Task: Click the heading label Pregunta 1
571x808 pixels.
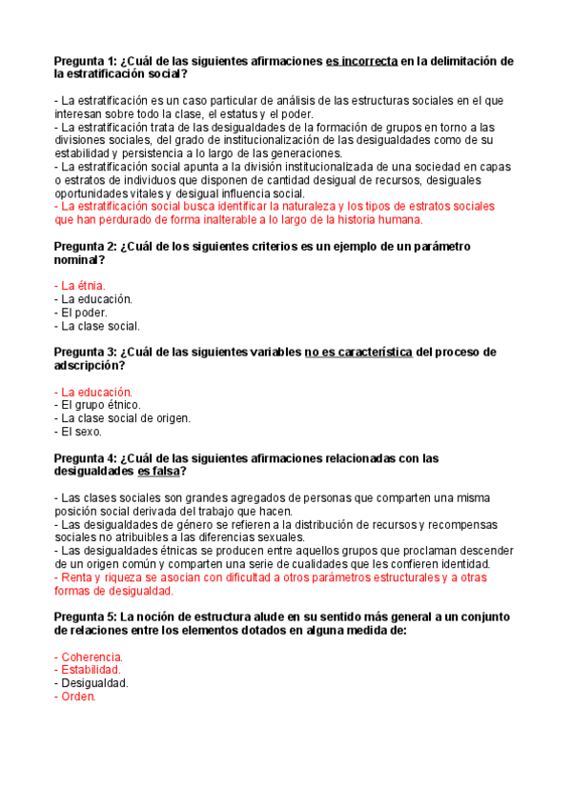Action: click(x=88, y=61)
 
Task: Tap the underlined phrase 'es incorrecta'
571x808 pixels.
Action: click(x=361, y=61)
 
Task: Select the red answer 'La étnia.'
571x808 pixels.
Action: click(x=82, y=285)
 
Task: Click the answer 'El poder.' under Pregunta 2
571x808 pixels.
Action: click(x=84, y=312)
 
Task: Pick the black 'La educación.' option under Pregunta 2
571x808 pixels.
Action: click(x=95, y=298)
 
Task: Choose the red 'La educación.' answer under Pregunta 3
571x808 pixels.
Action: click(x=95, y=392)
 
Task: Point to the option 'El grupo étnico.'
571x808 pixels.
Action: click(x=100, y=405)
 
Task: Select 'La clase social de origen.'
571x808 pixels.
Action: click(x=125, y=418)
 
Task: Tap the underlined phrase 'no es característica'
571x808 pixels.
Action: click(x=358, y=353)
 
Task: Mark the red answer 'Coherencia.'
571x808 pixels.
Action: click(x=91, y=656)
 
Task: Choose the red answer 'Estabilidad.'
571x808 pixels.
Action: click(x=91, y=670)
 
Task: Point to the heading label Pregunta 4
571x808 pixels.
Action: click(x=88, y=458)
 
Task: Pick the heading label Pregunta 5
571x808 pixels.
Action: click(x=88, y=617)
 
